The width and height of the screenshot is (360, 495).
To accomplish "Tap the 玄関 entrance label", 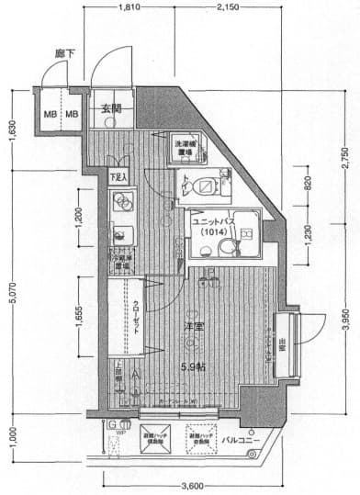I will point(111,109).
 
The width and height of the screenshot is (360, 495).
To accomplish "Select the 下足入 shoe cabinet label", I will point(118,176).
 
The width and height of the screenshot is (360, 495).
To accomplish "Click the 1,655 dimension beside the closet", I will point(79,317).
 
